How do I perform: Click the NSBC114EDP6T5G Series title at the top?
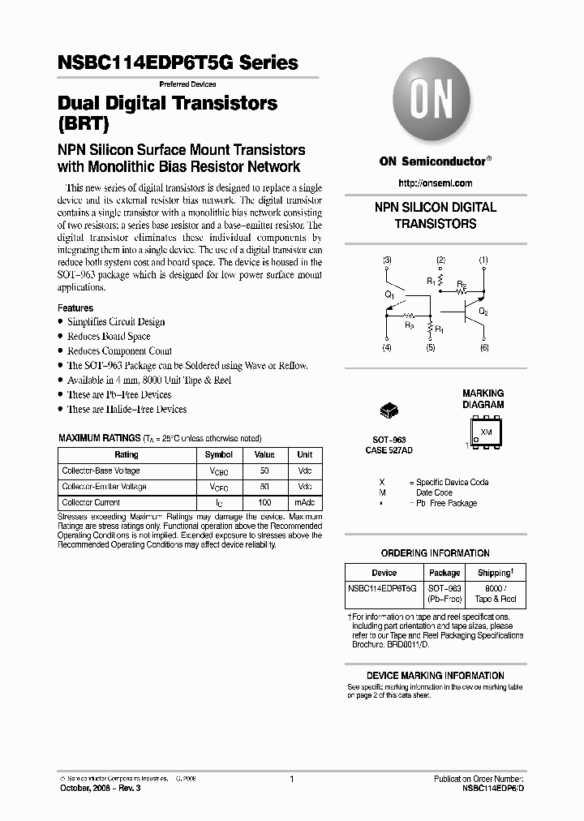(178, 62)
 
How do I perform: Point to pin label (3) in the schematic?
(387, 260)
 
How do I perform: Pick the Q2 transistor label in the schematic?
(483, 312)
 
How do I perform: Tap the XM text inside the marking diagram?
(487, 432)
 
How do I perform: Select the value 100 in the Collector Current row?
(265, 503)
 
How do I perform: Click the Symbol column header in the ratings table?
(218, 455)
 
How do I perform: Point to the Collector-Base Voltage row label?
(101, 471)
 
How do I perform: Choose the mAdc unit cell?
(305, 503)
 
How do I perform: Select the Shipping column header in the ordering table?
(495, 573)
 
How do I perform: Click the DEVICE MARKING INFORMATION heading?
(435, 676)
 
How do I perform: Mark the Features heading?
(75, 308)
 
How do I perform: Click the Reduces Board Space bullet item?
(109, 337)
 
